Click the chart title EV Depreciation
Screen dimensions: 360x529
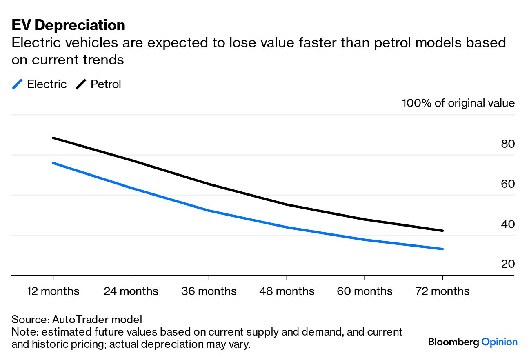tap(68, 25)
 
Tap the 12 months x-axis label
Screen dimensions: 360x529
tap(53, 291)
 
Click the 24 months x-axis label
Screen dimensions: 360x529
tap(131, 291)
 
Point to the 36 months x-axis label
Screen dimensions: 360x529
tap(209, 291)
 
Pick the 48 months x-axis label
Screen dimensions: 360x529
tap(287, 291)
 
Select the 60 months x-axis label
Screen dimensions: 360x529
tap(365, 291)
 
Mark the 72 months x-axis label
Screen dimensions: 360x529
tap(442, 291)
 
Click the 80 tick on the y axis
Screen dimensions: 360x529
tap(508, 144)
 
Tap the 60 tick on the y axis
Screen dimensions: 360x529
tap(508, 184)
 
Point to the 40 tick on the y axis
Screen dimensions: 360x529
tap(508, 224)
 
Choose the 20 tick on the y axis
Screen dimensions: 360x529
tap(508, 264)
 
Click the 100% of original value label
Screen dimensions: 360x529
tap(458, 103)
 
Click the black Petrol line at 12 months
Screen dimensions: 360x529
tap(53, 138)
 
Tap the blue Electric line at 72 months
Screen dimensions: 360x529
tap(442, 249)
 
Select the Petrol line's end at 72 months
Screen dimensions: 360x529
tap(442, 231)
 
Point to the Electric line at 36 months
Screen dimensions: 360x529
tap(209, 211)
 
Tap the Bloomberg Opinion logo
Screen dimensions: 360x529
tap(473, 342)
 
